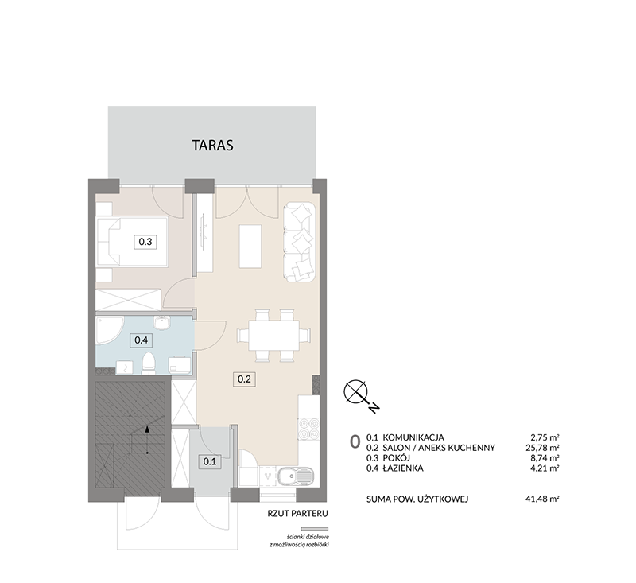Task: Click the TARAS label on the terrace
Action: tap(212, 146)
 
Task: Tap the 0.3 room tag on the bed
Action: tap(145, 242)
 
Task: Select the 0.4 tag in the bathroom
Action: tap(141, 340)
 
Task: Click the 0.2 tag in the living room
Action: tap(244, 379)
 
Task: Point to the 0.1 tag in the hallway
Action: tap(210, 461)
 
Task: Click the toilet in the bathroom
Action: tap(149, 363)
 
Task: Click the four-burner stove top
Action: tap(308, 429)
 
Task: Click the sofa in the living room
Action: tap(300, 242)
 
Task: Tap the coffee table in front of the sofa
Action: tap(250, 247)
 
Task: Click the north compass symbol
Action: tap(359, 395)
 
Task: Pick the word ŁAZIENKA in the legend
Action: tap(403, 468)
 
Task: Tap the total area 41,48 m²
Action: tap(542, 499)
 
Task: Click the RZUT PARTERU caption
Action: tap(297, 514)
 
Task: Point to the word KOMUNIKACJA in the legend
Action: tap(413, 437)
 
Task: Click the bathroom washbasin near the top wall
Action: tap(162, 323)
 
